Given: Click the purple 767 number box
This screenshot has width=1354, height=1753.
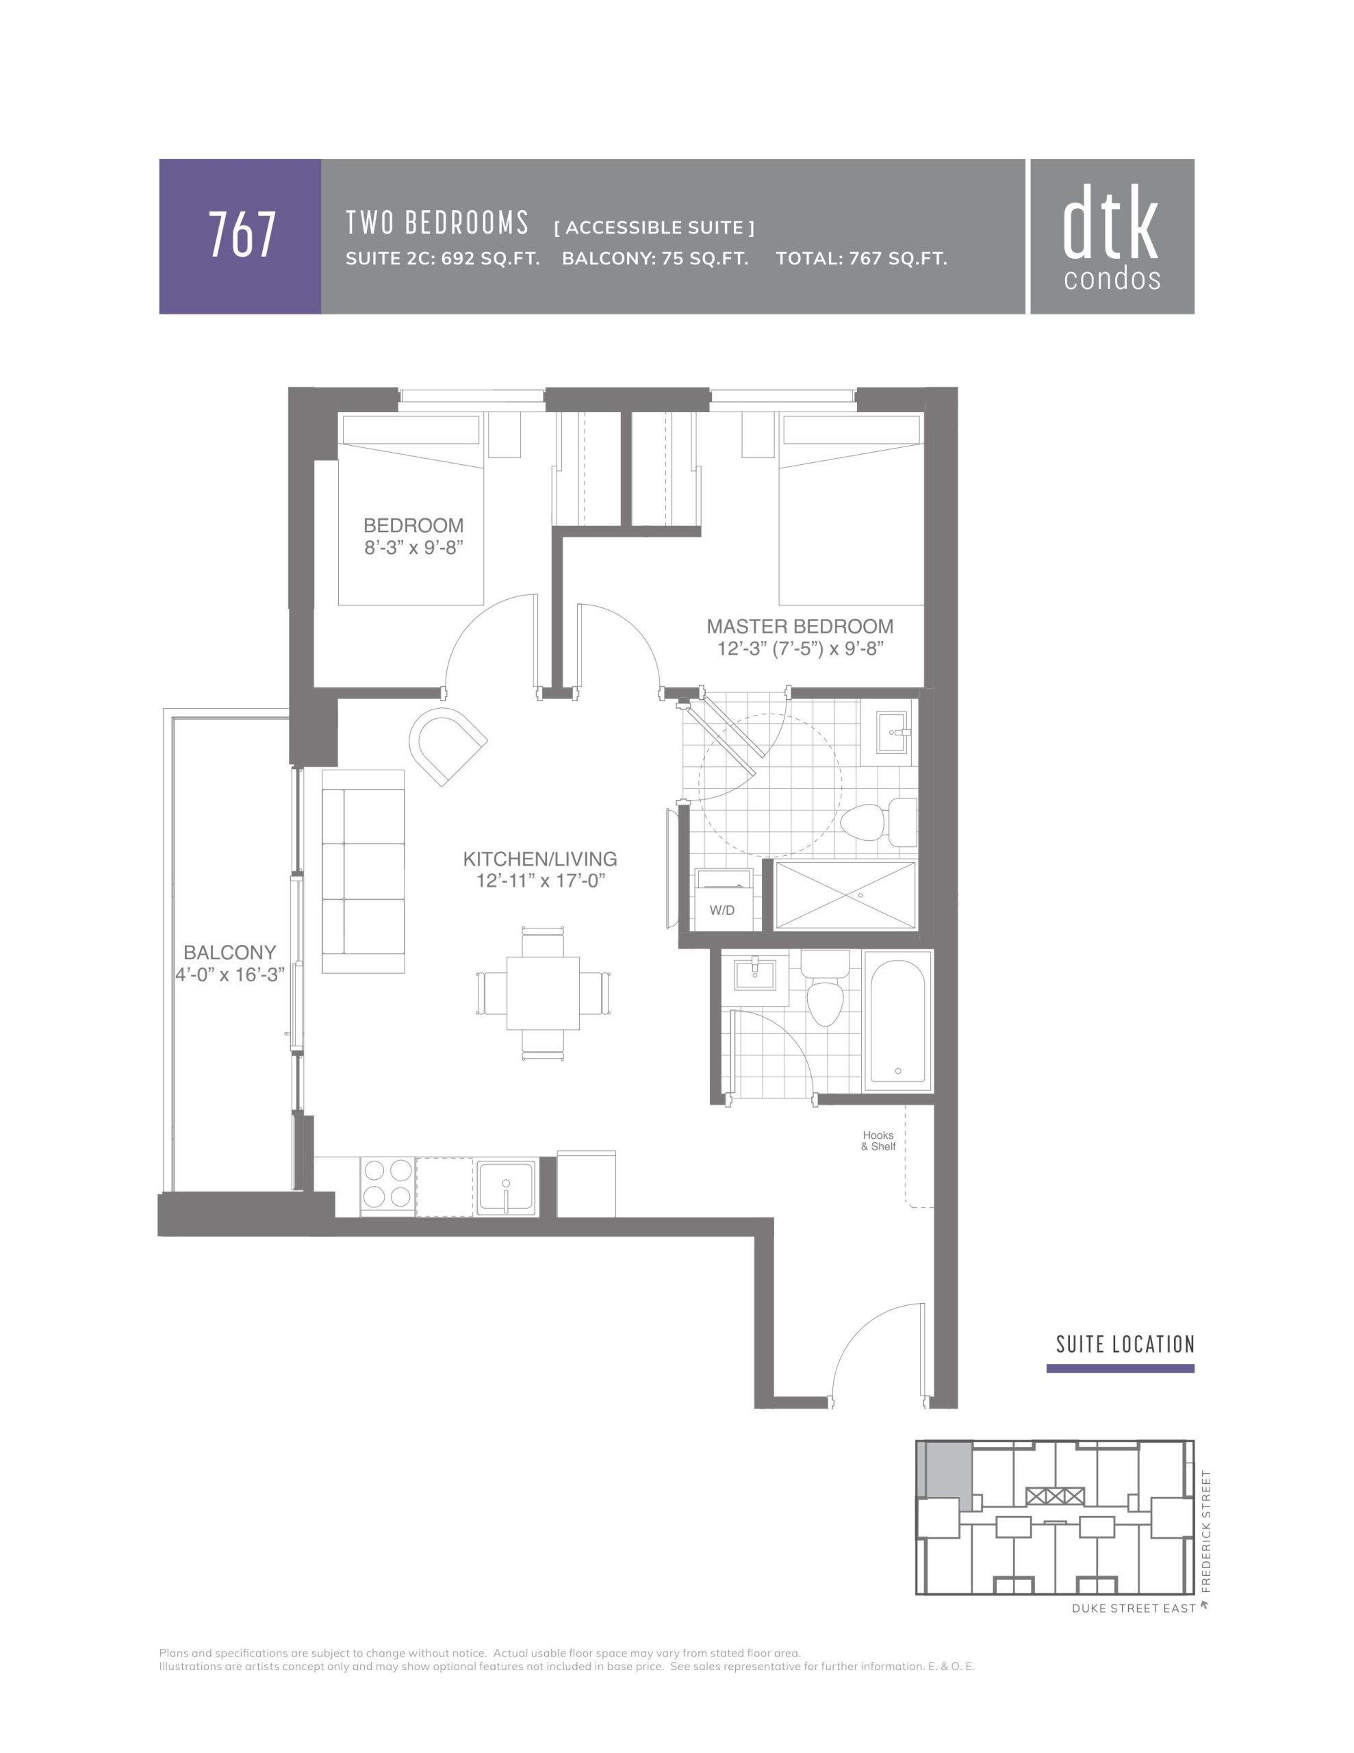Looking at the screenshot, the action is [240, 236].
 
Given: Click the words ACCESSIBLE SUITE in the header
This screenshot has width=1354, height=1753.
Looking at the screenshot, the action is [654, 228].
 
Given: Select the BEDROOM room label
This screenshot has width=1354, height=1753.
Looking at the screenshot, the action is [413, 525].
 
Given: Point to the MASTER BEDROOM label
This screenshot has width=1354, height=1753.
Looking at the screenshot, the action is [800, 626].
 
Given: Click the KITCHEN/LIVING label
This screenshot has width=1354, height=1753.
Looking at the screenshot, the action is [540, 858].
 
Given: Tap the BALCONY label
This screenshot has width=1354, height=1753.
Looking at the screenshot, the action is [229, 952].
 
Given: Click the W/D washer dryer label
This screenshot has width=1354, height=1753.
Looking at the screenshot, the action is [721, 909].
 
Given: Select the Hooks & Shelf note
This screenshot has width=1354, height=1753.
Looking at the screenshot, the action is [878, 1141].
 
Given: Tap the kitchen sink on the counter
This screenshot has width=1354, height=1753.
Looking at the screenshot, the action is [506, 1185].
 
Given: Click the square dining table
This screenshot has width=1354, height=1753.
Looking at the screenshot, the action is [543, 992].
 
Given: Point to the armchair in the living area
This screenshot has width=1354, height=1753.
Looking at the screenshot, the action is [447, 745].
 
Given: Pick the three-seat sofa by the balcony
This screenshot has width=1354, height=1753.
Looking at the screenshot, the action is [363, 871].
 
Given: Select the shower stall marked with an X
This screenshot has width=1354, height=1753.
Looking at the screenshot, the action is [845, 895].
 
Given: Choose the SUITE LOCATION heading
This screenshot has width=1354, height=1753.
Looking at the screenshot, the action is [1125, 1344].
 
